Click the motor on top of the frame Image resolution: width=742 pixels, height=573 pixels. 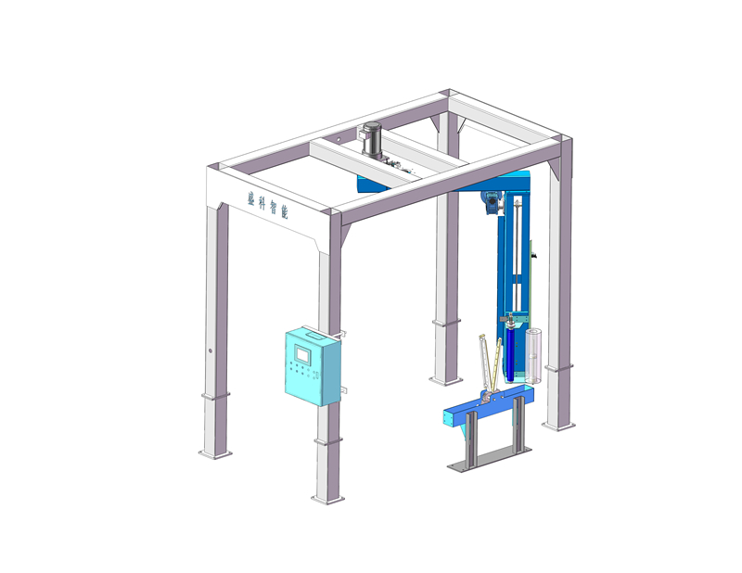tap(373, 139)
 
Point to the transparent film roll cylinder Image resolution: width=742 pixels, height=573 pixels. tap(533, 355)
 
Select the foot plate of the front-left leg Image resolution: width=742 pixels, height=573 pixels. tap(214, 454)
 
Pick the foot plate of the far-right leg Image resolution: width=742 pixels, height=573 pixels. tap(558, 426)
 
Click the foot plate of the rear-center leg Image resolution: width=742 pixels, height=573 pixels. tap(443, 379)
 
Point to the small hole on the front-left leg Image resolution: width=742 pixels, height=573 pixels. tap(210, 351)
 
